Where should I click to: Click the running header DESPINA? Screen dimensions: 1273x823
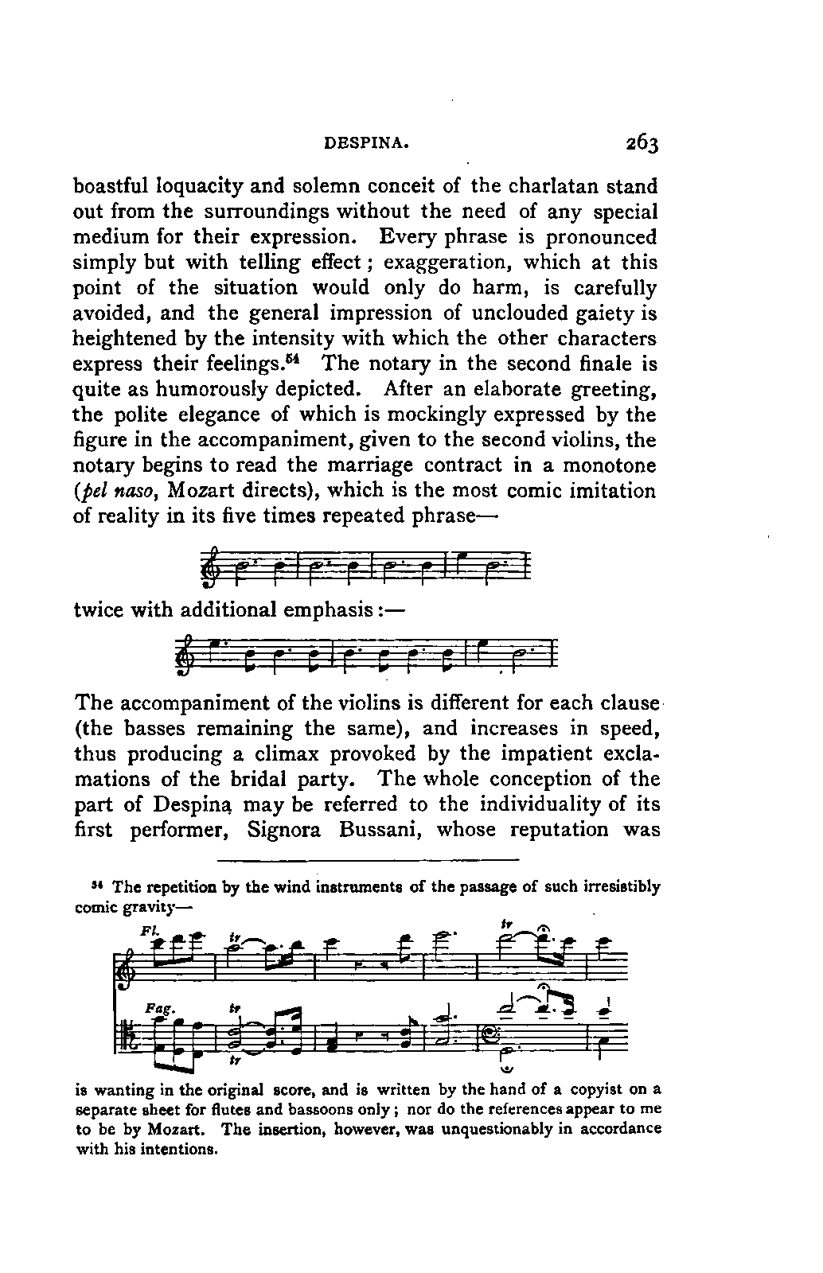(367, 146)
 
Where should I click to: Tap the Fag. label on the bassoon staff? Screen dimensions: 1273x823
(154, 1007)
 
